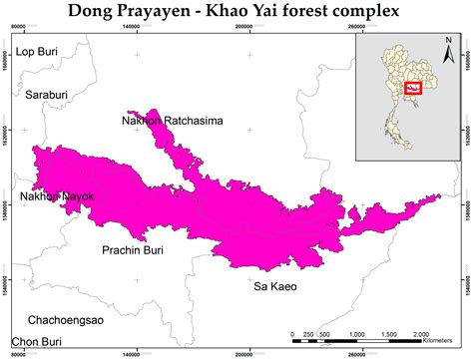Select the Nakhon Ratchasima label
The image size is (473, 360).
pos(172,123)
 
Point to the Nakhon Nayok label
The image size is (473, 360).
pos(57,197)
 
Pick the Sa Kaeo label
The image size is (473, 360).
pos(275,287)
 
